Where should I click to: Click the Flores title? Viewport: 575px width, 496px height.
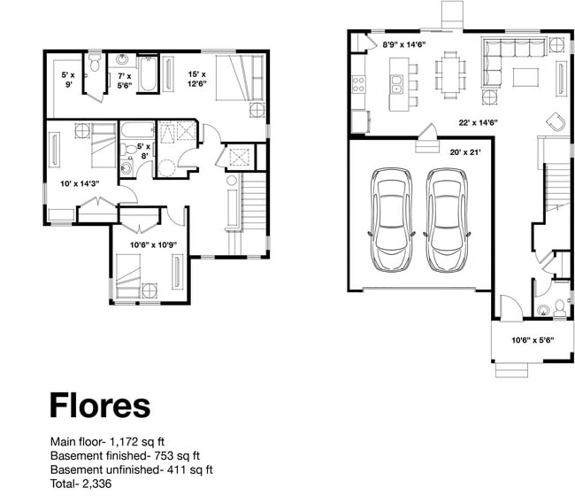[99, 405]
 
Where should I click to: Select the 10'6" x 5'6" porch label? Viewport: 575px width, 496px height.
[525, 339]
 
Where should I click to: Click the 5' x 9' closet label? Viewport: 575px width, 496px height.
[68, 81]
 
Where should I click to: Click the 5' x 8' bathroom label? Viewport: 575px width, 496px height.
[143, 151]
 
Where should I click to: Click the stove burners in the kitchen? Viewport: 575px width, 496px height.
[360, 85]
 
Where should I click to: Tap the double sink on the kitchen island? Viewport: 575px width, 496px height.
[396, 85]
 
